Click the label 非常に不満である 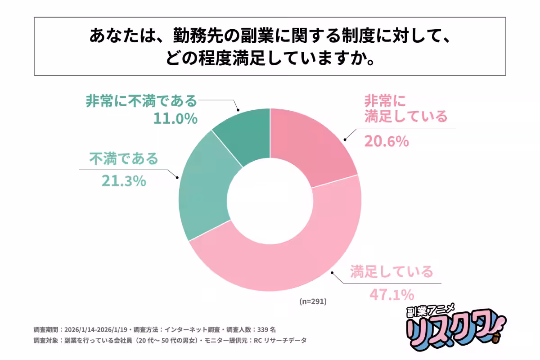pyautogui.click(x=141, y=100)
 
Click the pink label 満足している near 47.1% pyautogui.click(x=391, y=272)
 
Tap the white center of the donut pyautogui.click(x=270, y=200)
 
